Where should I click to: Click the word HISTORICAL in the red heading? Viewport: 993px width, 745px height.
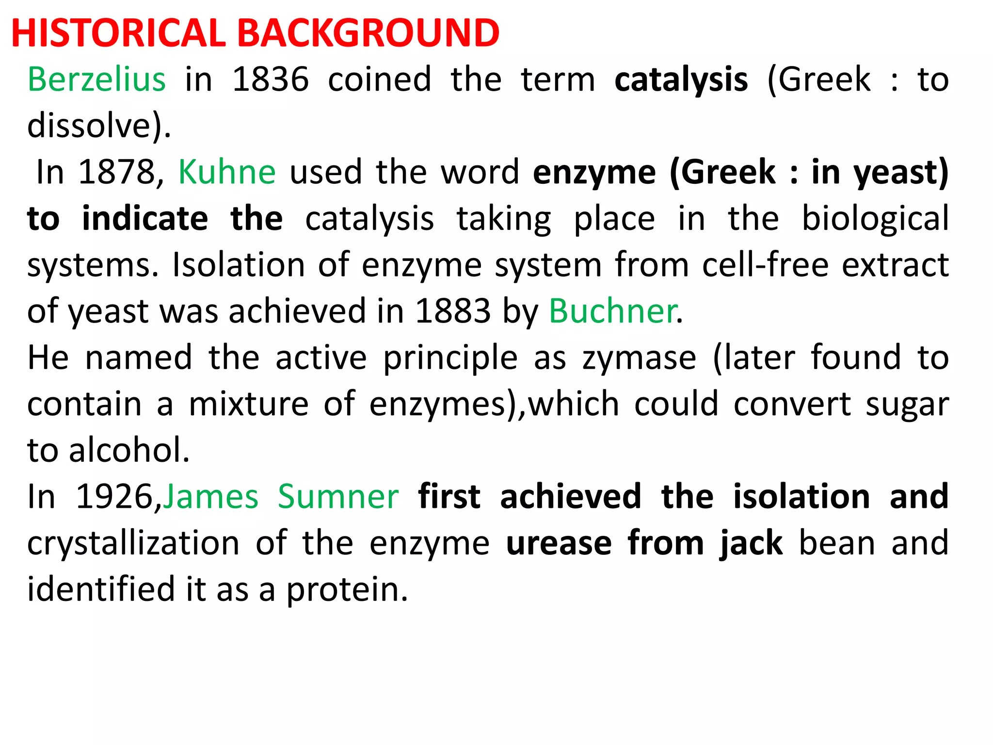pyautogui.click(x=119, y=33)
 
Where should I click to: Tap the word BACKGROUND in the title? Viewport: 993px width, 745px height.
pyautogui.click(x=368, y=33)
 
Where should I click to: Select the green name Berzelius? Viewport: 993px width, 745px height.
pyautogui.click(x=97, y=79)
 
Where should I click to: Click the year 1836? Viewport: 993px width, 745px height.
pyautogui.click(x=271, y=79)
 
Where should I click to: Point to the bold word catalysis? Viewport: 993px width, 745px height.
pyautogui.click(x=681, y=80)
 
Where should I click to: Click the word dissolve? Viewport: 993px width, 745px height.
pyautogui.click(x=90, y=126)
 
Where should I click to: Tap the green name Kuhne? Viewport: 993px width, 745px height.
pyautogui.click(x=227, y=172)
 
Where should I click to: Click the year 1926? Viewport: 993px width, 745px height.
pyautogui.click(x=115, y=497)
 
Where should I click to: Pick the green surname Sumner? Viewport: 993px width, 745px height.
pyautogui.click(x=338, y=497)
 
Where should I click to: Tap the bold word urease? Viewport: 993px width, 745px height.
pyautogui.click(x=559, y=543)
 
